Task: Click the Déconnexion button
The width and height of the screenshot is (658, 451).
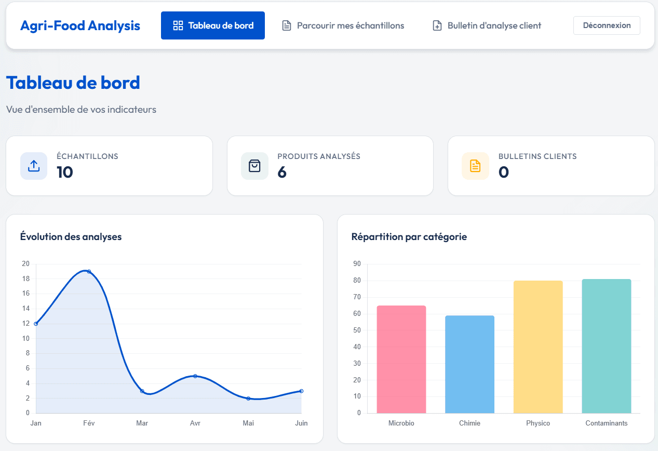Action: pos(607,25)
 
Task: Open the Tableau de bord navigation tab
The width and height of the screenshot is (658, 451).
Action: pos(213,25)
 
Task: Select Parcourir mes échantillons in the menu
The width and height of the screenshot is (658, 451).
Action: pos(343,25)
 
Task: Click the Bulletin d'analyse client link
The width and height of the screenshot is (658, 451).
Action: pos(487,25)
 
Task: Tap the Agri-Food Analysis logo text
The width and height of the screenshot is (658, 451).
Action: pos(80,25)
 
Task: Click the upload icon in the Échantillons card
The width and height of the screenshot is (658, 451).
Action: pos(34,166)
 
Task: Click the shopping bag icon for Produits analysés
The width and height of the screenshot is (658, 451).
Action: pos(254,166)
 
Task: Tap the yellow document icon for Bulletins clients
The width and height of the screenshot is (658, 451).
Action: pos(475,166)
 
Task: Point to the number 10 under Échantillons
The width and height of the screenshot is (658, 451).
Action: pos(65,172)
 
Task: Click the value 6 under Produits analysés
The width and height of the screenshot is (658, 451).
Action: pos(282,172)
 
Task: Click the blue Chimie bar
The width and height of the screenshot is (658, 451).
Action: pos(469,364)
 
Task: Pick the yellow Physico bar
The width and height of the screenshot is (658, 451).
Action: pos(538,347)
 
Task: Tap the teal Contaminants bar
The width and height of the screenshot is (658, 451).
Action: pos(606,346)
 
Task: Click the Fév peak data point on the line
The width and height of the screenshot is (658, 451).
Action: pos(89,271)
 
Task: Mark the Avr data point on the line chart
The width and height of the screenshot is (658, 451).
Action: pos(195,376)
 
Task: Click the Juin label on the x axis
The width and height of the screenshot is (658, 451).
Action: pos(301,423)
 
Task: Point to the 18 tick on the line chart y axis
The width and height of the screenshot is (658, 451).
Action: pos(25,278)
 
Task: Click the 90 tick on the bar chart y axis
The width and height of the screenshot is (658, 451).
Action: pos(357,264)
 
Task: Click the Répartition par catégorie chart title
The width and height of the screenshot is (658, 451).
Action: pos(409,237)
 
